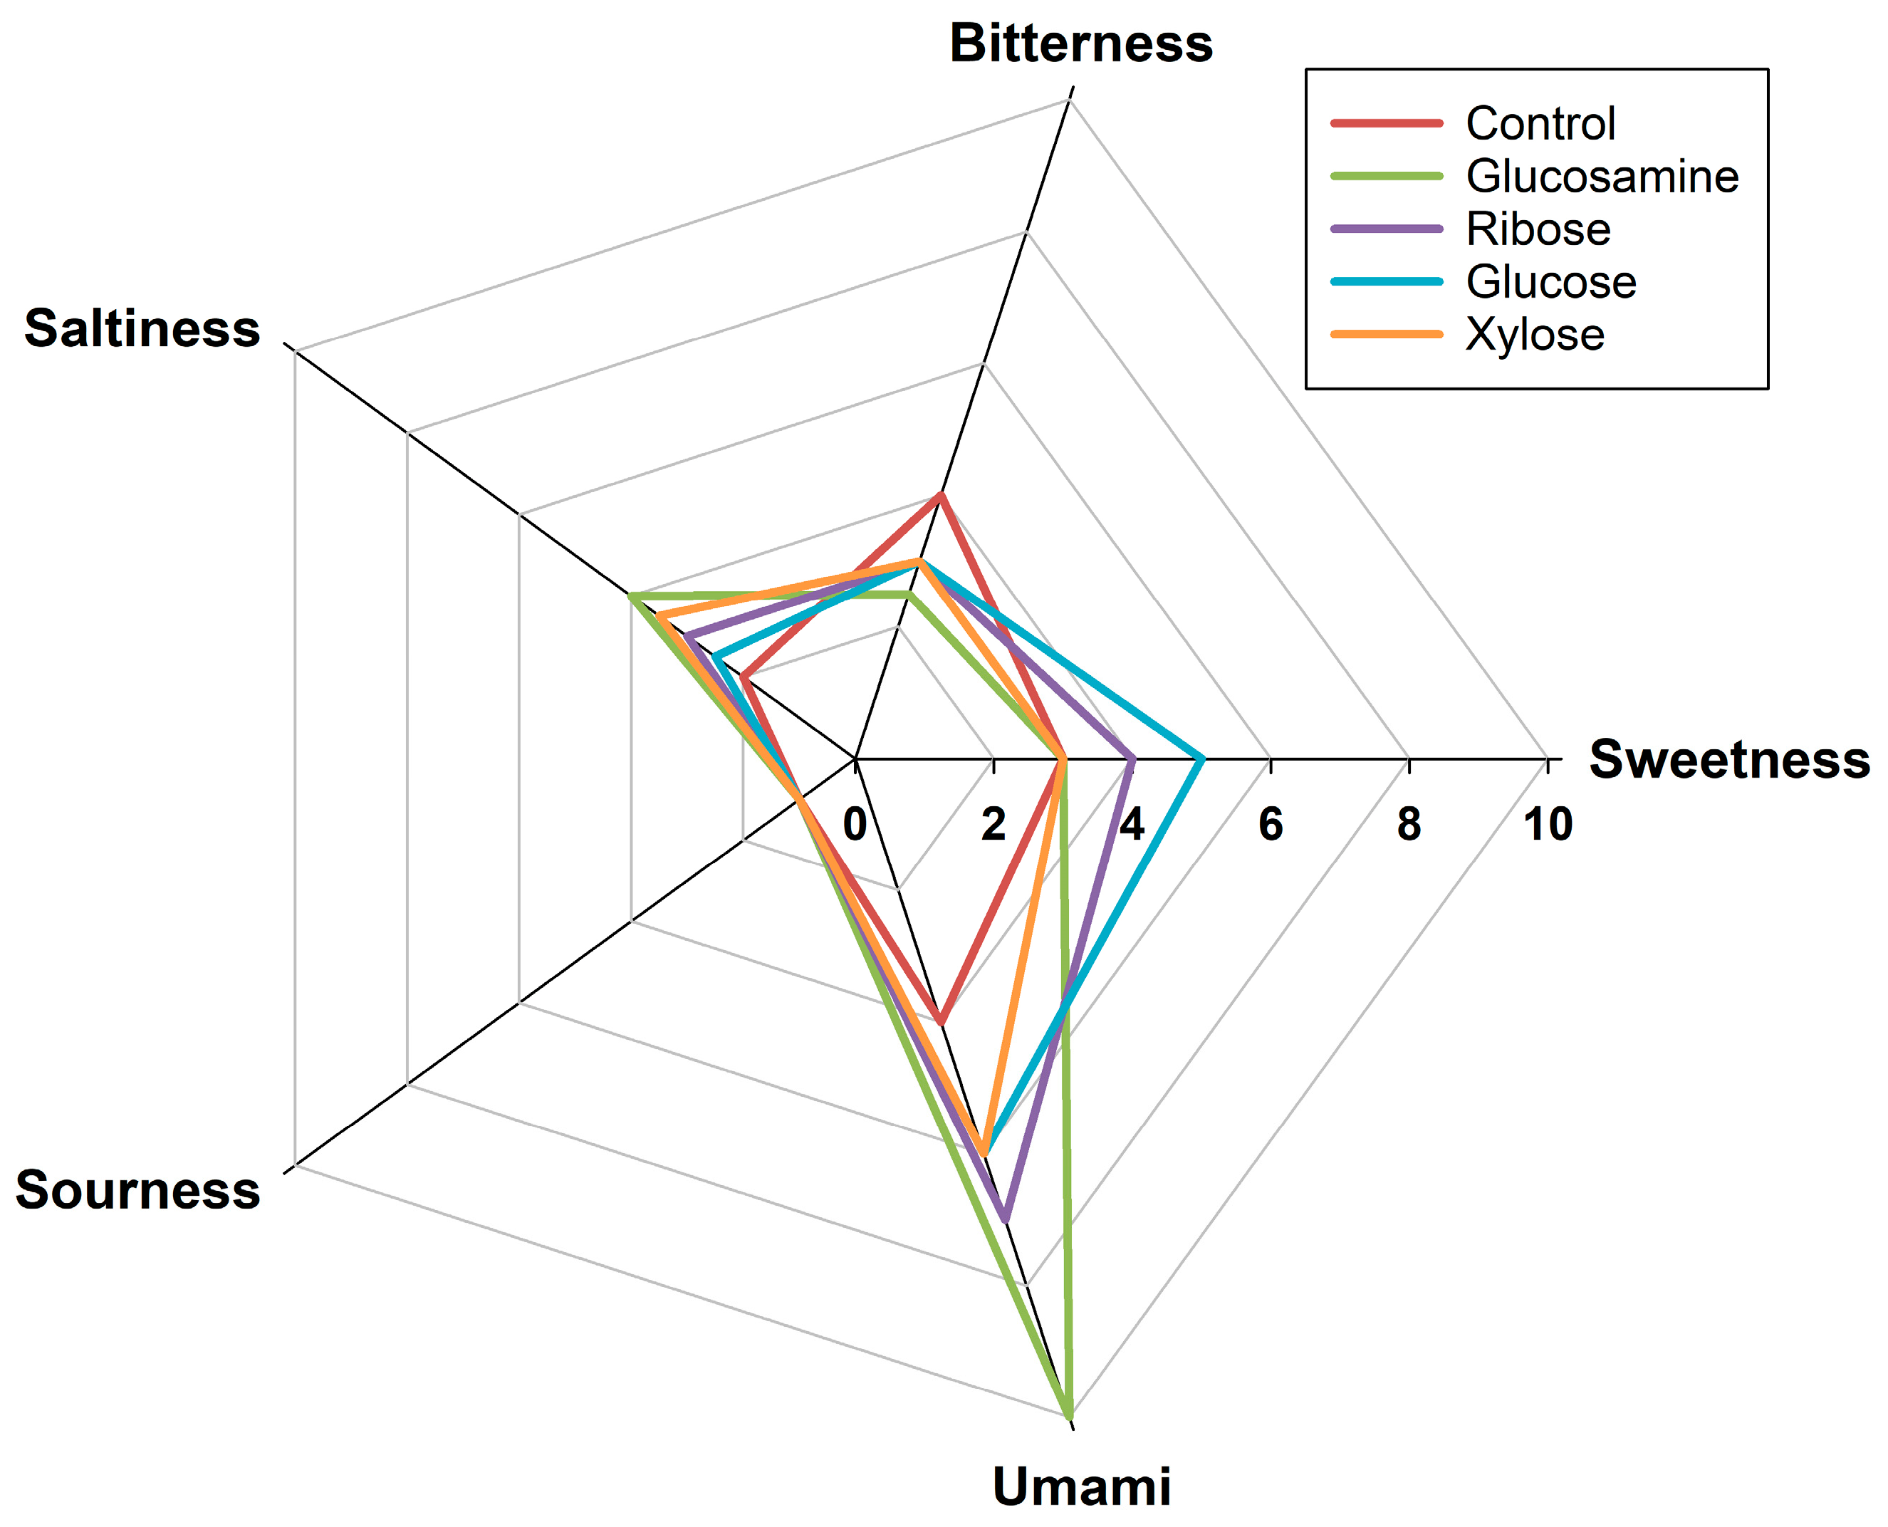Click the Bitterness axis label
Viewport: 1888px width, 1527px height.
[1081, 44]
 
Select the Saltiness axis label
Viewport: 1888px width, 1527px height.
[142, 329]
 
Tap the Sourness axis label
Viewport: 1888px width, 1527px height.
[138, 1190]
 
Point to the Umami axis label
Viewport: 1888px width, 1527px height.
[1081, 1486]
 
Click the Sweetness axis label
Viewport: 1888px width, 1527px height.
[1729, 759]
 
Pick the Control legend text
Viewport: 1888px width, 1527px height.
[1540, 123]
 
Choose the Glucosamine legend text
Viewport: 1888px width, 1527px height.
[1601, 176]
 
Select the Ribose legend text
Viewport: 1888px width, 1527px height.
[1538, 229]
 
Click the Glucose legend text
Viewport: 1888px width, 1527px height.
[1550, 281]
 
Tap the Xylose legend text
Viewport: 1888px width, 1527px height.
[1535, 334]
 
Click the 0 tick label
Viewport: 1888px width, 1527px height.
[855, 824]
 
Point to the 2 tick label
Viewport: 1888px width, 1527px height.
[993, 824]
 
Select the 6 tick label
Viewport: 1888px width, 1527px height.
[1271, 824]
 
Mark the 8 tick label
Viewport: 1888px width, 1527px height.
[1409, 824]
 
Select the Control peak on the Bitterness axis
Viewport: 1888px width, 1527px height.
[940, 495]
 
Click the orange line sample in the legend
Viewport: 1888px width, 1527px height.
[1387, 334]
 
